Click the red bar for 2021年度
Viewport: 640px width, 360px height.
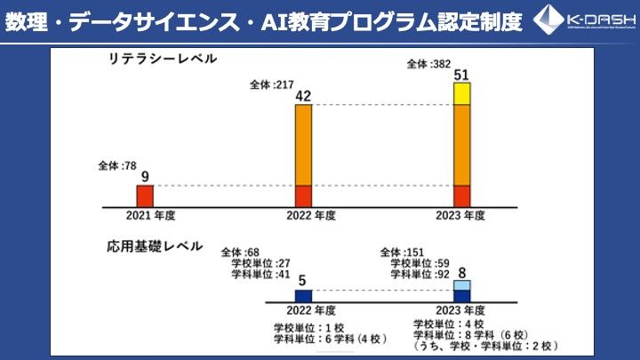(x=145, y=196)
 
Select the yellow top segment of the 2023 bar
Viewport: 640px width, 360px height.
(x=461, y=93)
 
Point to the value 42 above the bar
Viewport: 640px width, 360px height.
(x=303, y=96)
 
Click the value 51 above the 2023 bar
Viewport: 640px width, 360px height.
(x=461, y=74)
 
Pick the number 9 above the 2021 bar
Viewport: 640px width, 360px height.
(x=145, y=177)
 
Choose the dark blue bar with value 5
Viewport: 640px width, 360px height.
(x=304, y=296)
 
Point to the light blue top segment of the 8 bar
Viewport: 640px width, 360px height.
(x=461, y=284)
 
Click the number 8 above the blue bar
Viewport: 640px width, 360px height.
(x=461, y=273)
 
